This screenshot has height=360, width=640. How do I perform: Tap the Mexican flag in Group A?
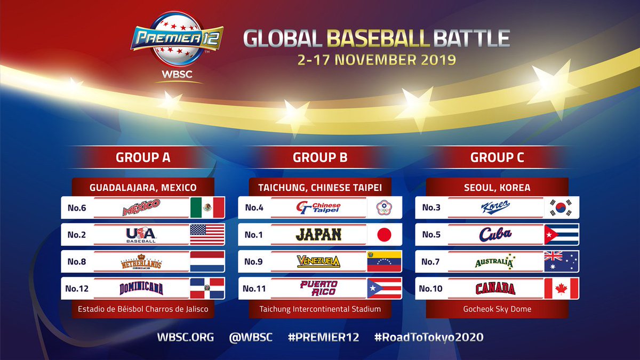[207, 207]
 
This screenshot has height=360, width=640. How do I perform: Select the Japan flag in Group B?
[384, 234]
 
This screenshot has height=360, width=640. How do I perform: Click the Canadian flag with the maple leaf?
[561, 289]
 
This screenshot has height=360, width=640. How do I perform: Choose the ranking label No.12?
[77, 289]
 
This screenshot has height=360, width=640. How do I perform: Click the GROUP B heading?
[320, 157]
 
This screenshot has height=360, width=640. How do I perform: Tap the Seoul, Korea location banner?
[497, 188]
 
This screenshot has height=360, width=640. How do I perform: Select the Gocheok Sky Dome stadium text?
[497, 309]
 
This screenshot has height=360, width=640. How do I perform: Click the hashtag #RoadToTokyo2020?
[429, 337]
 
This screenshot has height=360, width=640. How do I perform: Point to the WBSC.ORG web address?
[185, 337]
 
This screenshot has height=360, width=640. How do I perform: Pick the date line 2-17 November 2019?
[377, 58]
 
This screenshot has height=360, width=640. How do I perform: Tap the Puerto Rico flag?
[384, 289]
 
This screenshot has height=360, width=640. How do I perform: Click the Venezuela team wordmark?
[318, 261]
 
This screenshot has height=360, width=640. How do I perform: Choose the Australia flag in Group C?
[561, 261]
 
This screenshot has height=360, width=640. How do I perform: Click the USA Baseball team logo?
[141, 235]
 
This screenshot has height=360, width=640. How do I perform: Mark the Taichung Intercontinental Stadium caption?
[320, 309]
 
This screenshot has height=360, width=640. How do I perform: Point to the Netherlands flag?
[207, 261]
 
